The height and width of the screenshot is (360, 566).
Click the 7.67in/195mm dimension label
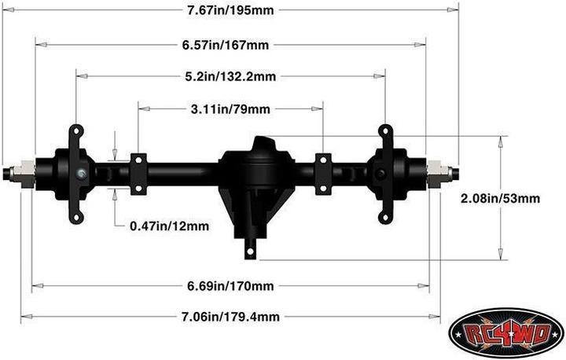pyautogui.click(x=230, y=9)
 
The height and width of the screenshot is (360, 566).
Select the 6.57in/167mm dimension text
pyautogui.click(x=230, y=45)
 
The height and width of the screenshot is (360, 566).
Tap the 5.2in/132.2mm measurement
pyautogui.click(x=230, y=76)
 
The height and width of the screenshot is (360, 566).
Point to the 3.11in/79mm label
pyautogui.click(x=230, y=108)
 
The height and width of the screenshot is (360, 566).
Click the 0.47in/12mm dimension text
pyautogui.click(x=169, y=226)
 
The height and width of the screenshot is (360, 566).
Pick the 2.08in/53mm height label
pyautogui.click(x=500, y=199)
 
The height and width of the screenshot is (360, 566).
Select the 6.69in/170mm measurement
pyautogui.click(x=230, y=285)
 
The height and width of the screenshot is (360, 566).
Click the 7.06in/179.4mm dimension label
pyautogui.click(x=230, y=317)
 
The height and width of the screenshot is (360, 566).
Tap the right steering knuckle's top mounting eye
pyautogui.click(x=385, y=130)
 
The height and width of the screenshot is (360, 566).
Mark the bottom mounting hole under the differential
pyautogui.click(x=249, y=251)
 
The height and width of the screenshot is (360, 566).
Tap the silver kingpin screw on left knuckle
pyautogui.click(x=82, y=173)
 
